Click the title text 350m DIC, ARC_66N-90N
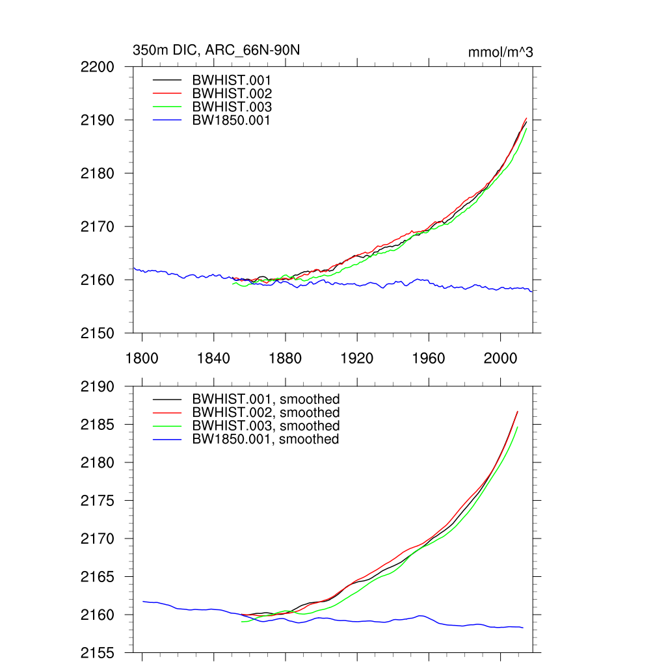pos(216,51)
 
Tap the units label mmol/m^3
pos(500,52)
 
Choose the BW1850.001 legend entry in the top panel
pos(231,120)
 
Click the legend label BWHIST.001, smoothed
pos(265,399)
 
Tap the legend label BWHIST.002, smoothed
pos(265,412)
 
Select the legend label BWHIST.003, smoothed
pos(265,425)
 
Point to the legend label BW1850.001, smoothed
pos(265,439)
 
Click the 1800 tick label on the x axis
pos(142,358)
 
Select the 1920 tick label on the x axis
pos(357,358)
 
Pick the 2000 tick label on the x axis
pos(501,358)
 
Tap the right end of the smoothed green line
pos(517,427)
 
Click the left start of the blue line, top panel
pos(134,268)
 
